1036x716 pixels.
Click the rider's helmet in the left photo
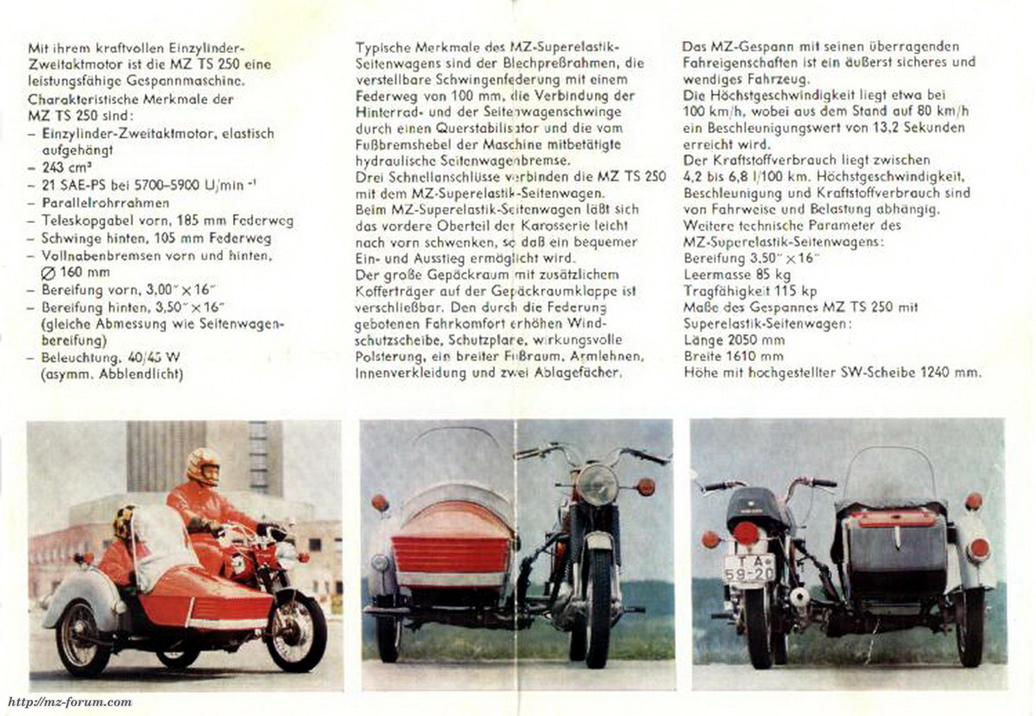point(203,465)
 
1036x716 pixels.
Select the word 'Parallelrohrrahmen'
point(105,203)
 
